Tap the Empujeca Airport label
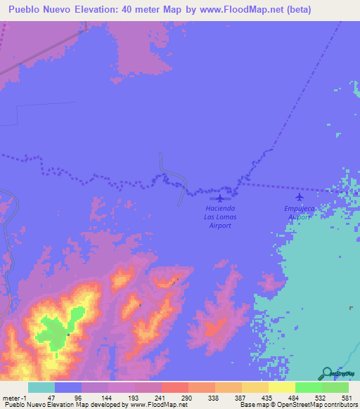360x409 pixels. click(300, 213)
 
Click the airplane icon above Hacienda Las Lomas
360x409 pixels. click(221, 197)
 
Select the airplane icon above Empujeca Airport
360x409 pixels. click(300, 197)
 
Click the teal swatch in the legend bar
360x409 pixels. click(41, 387)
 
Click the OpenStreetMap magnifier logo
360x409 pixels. click(326, 374)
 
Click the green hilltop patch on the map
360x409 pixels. click(56, 329)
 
